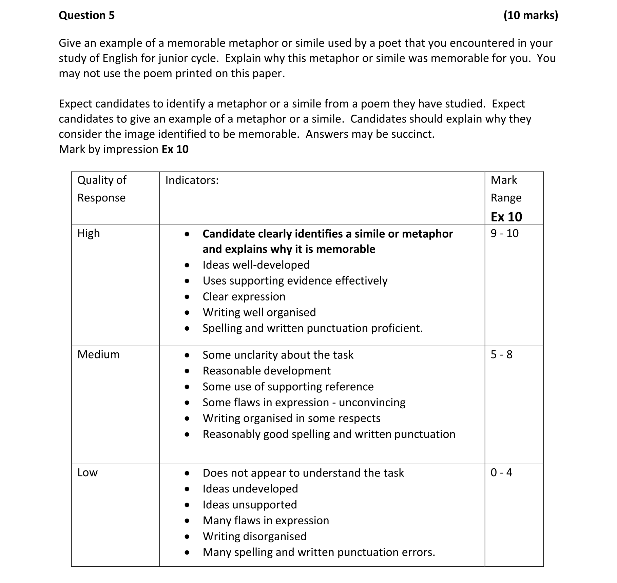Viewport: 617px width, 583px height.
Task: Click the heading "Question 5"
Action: [87, 16]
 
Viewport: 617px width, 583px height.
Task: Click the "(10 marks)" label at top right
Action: [531, 16]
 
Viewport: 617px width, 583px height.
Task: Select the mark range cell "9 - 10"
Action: [504, 234]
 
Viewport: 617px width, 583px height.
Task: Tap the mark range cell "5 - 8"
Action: [501, 355]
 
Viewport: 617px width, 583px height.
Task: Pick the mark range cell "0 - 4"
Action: [501, 472]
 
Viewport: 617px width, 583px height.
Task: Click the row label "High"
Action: [89, 234]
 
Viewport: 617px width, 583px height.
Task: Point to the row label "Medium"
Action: [98, 355]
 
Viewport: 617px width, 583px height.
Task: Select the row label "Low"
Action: [87, 472]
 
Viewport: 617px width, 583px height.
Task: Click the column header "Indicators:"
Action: [192, 180]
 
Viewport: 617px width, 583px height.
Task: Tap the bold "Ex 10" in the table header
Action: [506, 217]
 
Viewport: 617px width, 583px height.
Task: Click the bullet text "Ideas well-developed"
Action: [256, 265]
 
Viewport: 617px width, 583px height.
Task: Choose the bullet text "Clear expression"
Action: [244, 297]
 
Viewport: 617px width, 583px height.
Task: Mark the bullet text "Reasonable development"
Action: [267, 371]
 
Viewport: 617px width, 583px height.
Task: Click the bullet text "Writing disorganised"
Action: [254, 537]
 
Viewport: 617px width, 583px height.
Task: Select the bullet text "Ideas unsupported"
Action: [250, 505]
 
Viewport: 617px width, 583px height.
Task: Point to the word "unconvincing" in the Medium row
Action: [372, 403]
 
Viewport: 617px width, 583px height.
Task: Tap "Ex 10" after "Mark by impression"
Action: [175, 150]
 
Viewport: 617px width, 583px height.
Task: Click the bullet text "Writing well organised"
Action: [259, 312]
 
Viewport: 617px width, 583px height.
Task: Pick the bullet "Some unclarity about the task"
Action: [278, 355]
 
